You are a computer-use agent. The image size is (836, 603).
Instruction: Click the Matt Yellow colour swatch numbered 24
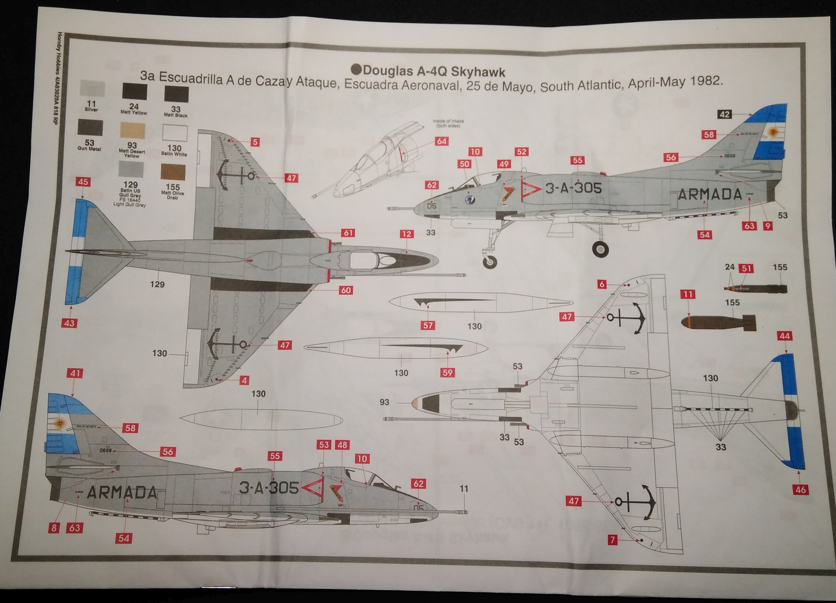pos(135,92)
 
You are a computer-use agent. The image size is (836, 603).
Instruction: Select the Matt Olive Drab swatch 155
pos(173,172)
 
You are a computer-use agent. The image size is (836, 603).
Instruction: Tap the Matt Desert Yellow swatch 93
pos(132,131)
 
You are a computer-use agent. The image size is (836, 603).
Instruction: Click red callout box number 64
pos(441,141)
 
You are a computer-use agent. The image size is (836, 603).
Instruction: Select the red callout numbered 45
pos(83,182)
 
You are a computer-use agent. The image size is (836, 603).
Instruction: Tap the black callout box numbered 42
pos(724,114)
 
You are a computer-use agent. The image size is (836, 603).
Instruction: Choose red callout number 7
pos(613,540)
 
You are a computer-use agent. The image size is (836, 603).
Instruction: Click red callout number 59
pos(447,373)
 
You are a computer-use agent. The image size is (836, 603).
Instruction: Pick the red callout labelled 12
pos(406,234)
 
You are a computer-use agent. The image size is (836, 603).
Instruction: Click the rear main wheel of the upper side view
pos(600,249)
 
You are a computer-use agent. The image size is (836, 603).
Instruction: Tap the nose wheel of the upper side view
pos(490,262)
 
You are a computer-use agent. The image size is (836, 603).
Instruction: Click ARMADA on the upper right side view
pos(710,194)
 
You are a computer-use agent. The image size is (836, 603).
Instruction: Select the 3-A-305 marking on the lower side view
pos(269,488)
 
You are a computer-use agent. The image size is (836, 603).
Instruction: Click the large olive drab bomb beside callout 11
pos(719,323)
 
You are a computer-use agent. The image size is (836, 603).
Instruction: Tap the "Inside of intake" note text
pos(448,123)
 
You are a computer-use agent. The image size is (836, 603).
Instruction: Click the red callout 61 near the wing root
pos(348,233)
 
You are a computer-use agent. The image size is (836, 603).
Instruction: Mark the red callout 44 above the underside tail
pos(784,336)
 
